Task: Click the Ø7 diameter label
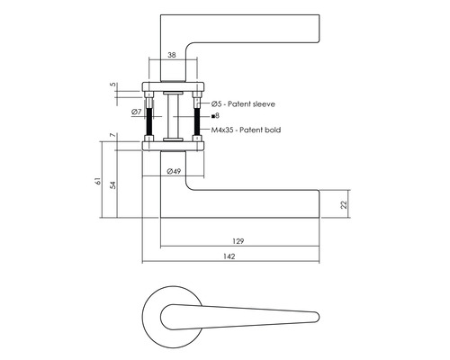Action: click(x=134, y=112)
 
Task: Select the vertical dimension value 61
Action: click(x=97, y=182)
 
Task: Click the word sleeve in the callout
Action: click(x=261, y=105)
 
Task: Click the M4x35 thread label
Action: click(x=222, y=130)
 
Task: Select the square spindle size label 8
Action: click(x=217, y=117)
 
